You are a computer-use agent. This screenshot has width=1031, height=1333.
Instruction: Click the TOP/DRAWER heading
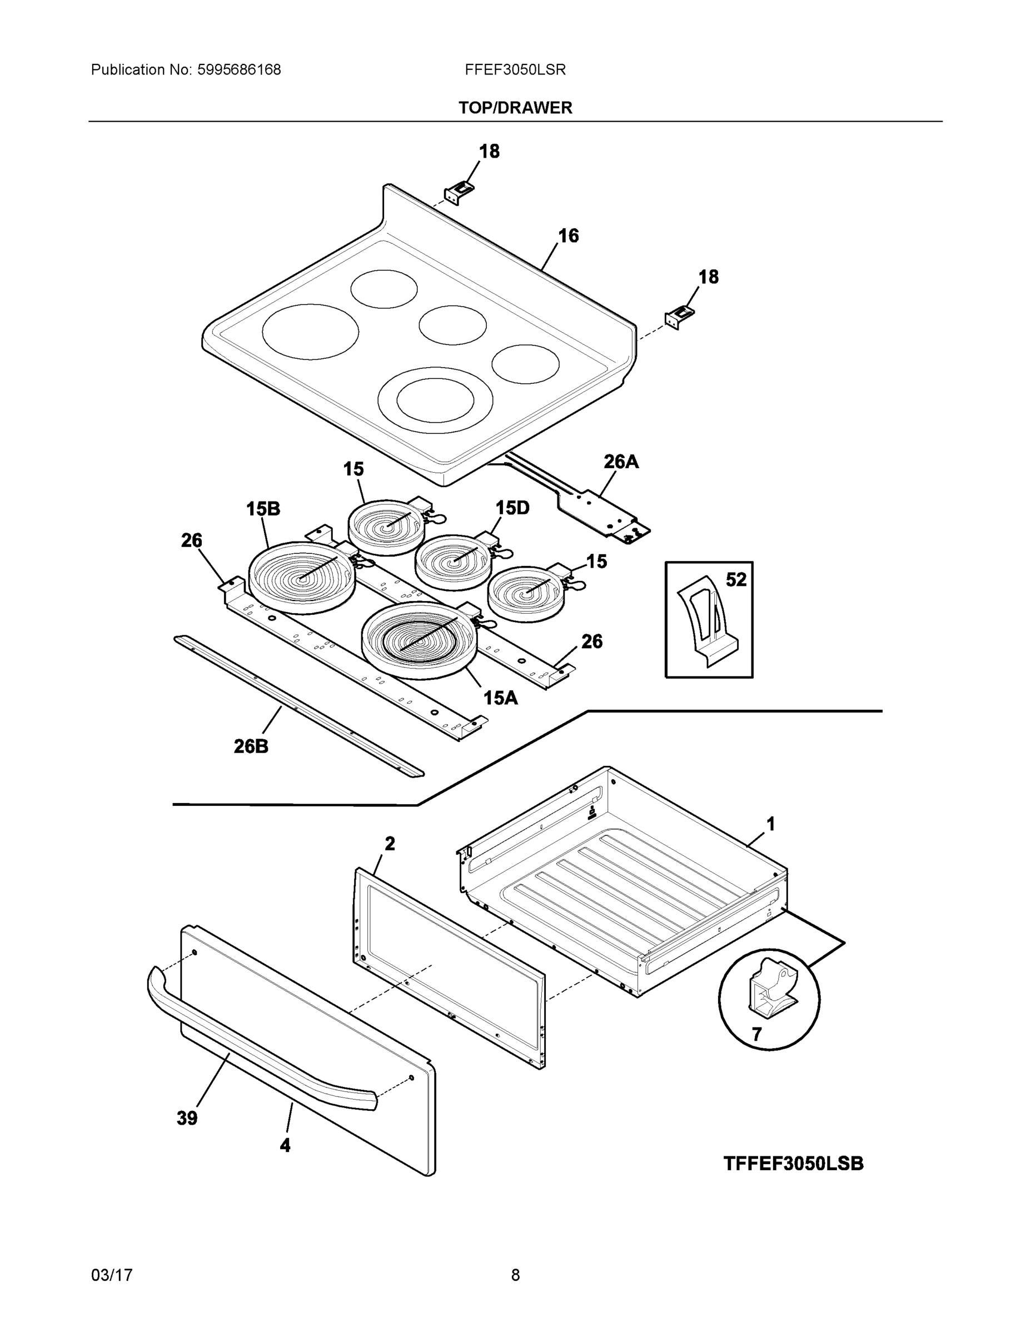tap(515, 108)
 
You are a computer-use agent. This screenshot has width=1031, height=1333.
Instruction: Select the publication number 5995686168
tap(239, 70)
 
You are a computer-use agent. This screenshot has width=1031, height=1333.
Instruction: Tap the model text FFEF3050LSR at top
tap(515, 70)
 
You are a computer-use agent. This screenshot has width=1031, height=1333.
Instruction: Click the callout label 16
tap(568, 235)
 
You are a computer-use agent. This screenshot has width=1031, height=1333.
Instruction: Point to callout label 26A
tap(621, 462)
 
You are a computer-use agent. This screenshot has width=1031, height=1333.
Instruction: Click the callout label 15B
tap(263, 508)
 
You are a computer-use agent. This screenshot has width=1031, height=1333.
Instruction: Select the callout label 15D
tap(512, 507)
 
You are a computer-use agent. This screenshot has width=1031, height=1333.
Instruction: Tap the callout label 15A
tap(500, 698)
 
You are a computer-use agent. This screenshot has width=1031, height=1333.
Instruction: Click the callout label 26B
tap(251, 746)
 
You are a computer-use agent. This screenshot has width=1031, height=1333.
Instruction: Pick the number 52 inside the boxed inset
tap(736, 579)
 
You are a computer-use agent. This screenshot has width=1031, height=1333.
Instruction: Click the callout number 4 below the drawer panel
tap(285, 1146)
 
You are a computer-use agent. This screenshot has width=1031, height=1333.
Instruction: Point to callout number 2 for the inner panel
tap(390, 844)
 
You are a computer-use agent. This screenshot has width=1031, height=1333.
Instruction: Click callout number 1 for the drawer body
tap(771, 824)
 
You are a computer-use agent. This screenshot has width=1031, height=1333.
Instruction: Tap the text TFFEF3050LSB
tap(794, 1164)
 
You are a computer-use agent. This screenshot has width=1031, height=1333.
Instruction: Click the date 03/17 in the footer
tap(112, 1275)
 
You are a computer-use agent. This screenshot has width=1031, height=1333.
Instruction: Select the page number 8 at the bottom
tap(515, 1275)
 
